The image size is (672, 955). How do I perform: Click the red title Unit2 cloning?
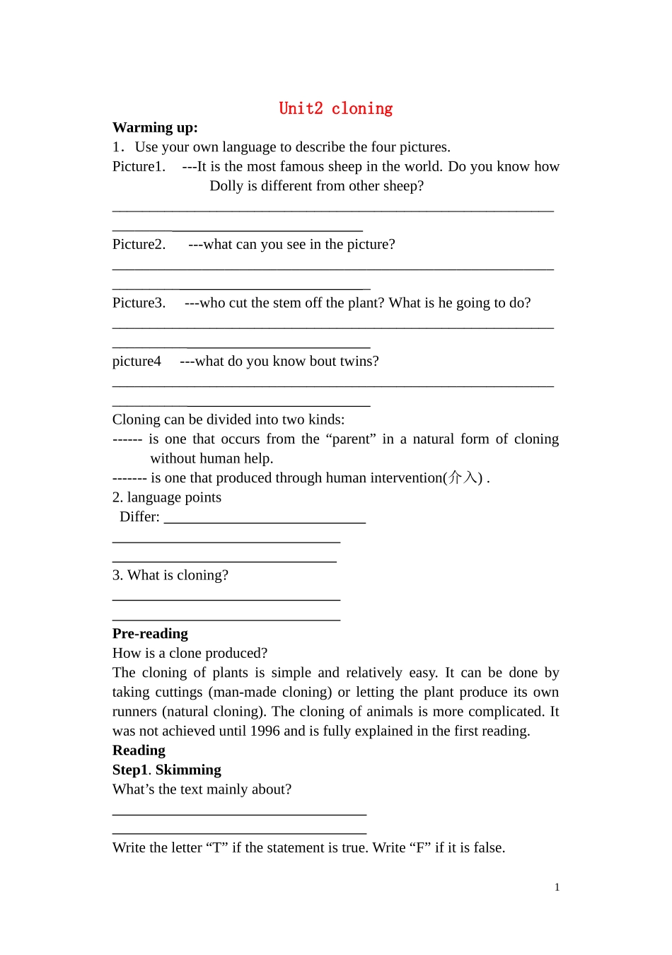point(335,108)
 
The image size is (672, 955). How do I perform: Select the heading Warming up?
point(155,127)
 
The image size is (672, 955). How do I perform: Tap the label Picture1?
point(139,166)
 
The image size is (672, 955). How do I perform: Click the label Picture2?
point(139,244)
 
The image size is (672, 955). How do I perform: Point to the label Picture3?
point(139,303)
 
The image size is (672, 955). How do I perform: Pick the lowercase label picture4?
point(137,361)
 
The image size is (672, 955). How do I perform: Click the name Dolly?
point(226,186)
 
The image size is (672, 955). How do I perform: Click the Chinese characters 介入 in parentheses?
point(465,478)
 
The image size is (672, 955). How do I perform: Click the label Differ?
point(139,517)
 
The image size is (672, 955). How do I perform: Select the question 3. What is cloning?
point(170,575)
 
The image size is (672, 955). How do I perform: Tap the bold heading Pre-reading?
point(150,634)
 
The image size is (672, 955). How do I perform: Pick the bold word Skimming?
point(188,770)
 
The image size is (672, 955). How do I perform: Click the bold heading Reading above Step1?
point(139,751)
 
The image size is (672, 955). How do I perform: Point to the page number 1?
point(557,887)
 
